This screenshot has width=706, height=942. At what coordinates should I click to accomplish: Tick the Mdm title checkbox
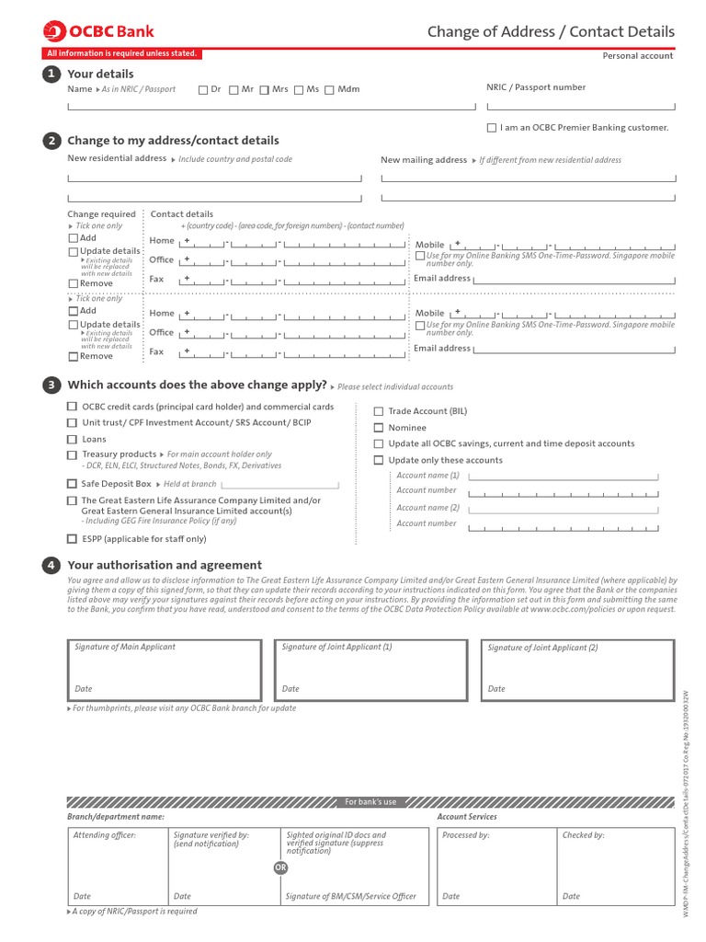tap(331, 90)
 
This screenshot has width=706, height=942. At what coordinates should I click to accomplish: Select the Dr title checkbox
tap(203, 90)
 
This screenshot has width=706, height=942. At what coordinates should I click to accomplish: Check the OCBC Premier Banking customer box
tap(492, 128)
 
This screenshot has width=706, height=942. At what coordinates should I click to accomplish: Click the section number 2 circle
tap(51, 141)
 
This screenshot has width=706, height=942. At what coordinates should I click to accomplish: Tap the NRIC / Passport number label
tap(535, 87)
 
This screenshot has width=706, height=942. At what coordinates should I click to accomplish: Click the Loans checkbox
tap(72, 440)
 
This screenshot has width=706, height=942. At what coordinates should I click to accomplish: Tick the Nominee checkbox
tap(378, 428)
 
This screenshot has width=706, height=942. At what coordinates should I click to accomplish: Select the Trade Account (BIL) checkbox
tap(378, 412)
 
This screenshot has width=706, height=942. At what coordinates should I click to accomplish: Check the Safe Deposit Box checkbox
tap(72, 484)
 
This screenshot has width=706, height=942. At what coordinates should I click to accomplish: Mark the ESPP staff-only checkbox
tap(72, 539)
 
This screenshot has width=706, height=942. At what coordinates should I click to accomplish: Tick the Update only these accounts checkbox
tap(378, 460)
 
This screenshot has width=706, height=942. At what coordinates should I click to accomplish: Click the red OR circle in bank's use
tap(280, 867)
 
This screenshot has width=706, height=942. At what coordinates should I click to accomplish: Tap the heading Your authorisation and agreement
tap(165, 565)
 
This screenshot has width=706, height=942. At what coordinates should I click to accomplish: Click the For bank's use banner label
tap(370, 802)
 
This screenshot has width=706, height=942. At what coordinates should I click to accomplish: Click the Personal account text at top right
tap(637, 56)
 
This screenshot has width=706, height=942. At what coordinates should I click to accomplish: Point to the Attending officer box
tap(117, 866)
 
